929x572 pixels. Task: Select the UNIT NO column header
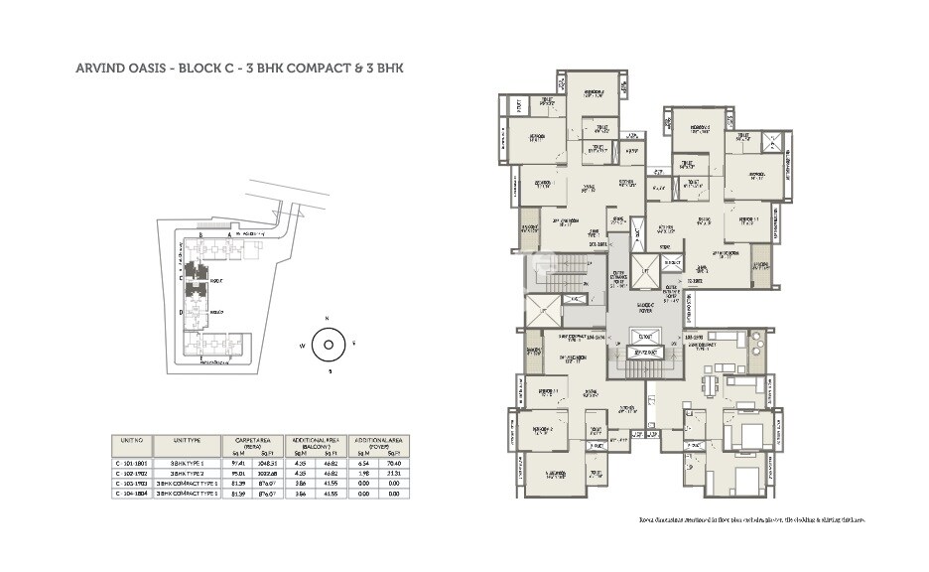[133, 441]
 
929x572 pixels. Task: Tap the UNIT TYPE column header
[188, 441]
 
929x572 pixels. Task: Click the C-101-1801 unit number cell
[133, 463]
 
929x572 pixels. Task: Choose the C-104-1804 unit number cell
[133, 494]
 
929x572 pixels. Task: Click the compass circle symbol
[327, 346]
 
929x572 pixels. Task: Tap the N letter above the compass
[327, 320]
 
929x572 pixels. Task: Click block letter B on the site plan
[201, 234]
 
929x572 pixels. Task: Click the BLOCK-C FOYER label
[644, 307]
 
